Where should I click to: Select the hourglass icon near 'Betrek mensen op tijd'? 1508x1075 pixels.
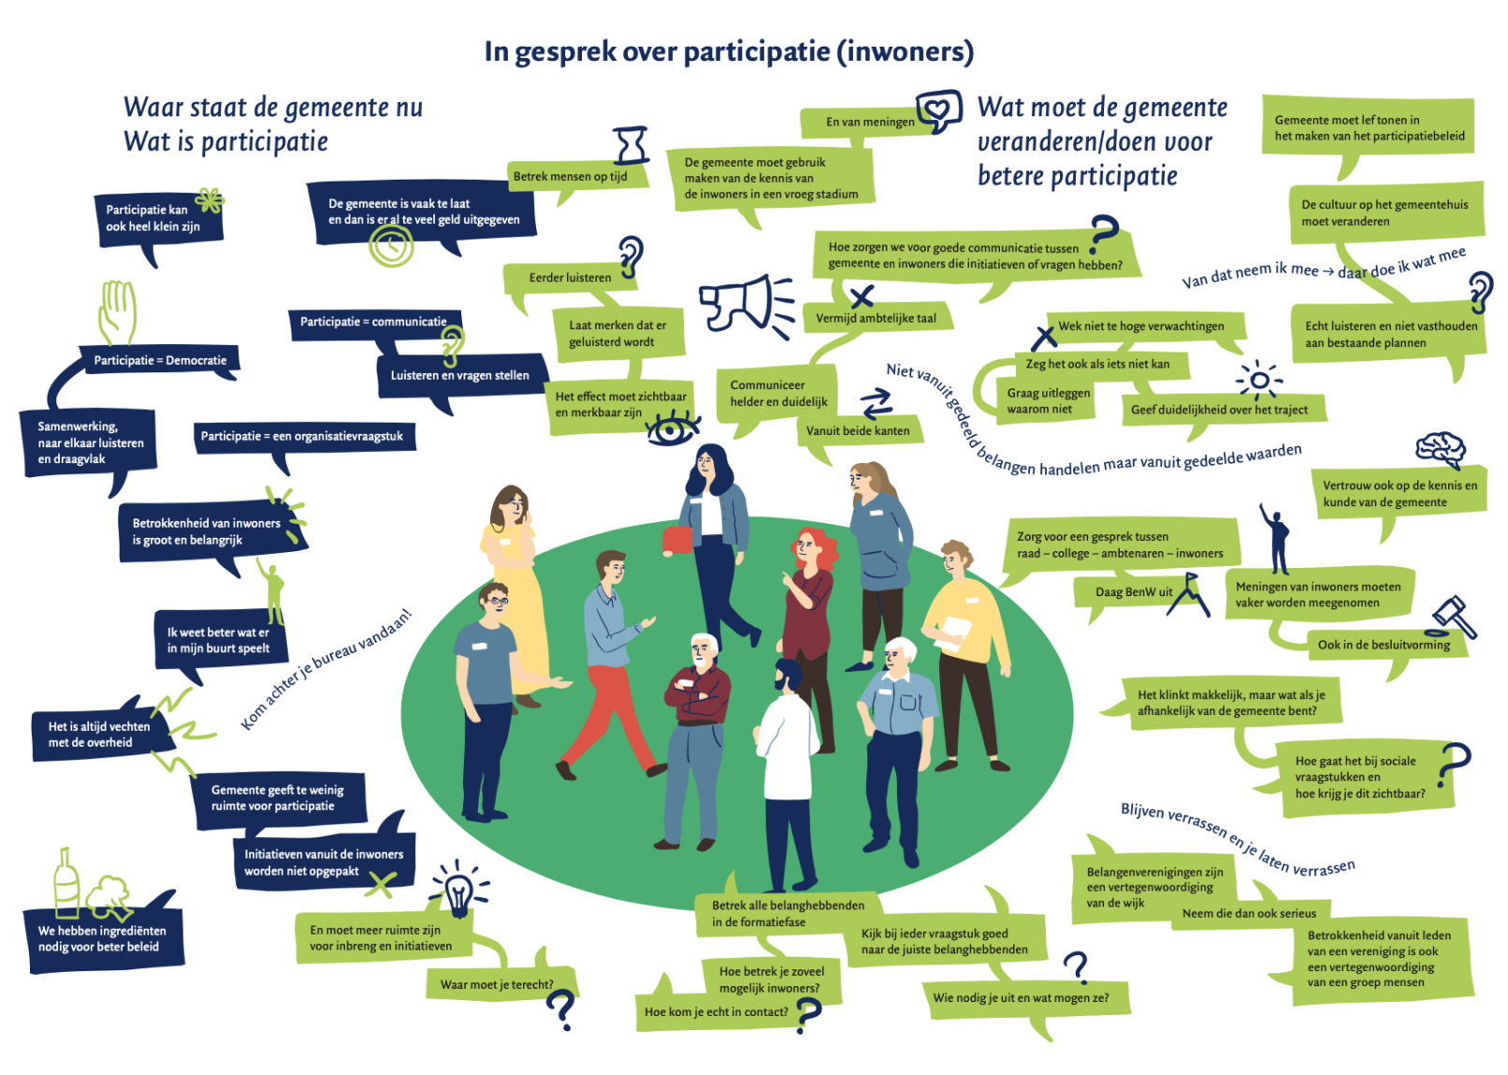[631, 146]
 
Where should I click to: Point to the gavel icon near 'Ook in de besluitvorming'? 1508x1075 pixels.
[1455, 617]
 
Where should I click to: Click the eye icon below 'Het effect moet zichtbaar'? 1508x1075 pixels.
[672, 430]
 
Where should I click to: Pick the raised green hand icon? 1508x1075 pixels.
[118, 312]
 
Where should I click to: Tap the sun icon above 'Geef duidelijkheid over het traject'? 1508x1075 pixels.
[1259, 380]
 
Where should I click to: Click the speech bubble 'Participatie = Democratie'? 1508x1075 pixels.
[161, 360]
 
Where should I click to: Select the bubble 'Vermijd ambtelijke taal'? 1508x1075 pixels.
[876, 318]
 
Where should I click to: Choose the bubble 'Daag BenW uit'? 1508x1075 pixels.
[1134, 592]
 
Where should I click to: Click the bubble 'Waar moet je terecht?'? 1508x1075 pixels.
[498, 984]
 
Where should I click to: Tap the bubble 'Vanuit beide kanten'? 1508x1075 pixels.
[858, 431]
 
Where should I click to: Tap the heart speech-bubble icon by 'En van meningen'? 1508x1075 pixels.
[938, 112]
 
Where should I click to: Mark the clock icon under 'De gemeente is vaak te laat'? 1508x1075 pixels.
[390, 246]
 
